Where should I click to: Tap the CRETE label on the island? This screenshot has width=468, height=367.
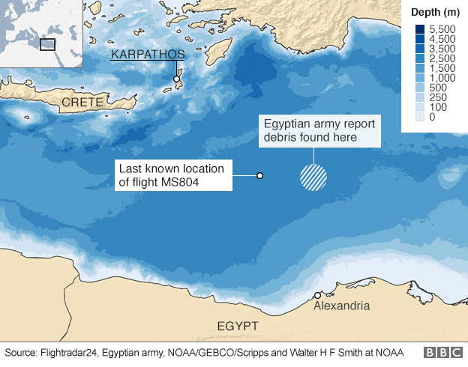(83, 101)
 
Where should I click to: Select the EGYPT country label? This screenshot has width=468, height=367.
(237, 326)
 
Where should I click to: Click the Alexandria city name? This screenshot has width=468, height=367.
(341, 306)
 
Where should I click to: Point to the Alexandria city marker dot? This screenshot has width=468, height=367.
(318, 295)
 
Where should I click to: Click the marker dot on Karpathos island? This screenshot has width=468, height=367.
(177, 79)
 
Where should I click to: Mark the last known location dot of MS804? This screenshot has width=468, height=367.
(259, 175)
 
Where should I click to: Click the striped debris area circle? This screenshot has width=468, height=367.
(313, 176)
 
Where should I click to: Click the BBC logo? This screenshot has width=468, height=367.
(442, 352)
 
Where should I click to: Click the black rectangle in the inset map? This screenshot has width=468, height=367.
(47, 44)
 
